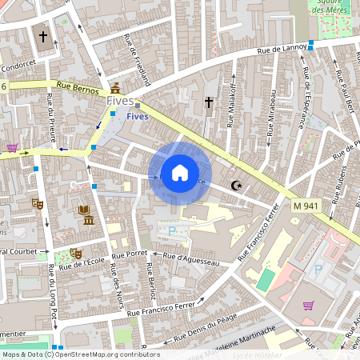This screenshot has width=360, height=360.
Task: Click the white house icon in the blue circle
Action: (x=180, y=173)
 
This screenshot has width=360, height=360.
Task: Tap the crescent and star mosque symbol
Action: (x=236, y=186)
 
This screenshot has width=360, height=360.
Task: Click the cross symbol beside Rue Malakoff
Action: (x=209, y=102)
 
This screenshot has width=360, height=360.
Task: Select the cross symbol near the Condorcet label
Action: (x=42, y=36)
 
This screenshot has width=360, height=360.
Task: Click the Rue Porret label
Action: (x=131, y=254)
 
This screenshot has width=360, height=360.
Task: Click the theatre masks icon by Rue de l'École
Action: (x=76, y=253)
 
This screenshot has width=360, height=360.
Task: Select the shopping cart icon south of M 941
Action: (x=308, y=305)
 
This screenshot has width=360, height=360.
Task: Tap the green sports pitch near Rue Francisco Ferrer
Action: (x=265, y=279)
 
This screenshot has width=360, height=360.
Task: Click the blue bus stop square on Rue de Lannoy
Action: (x=310, y=46)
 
